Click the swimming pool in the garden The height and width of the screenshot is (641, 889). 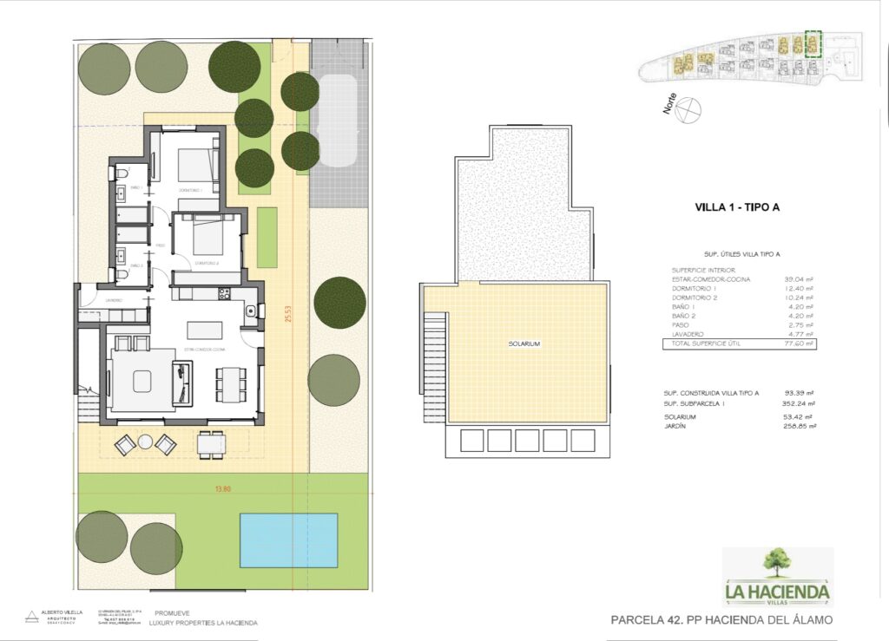[x=288, y=540]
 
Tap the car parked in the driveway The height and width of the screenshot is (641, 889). [x=337, y=121]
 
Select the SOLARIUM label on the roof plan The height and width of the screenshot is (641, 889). [x=524, y=344]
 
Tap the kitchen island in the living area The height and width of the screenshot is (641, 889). [x=205, y=330]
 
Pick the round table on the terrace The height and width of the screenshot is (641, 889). [x=145, y=442]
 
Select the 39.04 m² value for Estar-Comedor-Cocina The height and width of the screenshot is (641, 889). [x=799, y=279]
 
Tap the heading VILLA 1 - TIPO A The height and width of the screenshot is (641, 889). [x=740, y=207]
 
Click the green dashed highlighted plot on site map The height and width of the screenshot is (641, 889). [x=813, y=44]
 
